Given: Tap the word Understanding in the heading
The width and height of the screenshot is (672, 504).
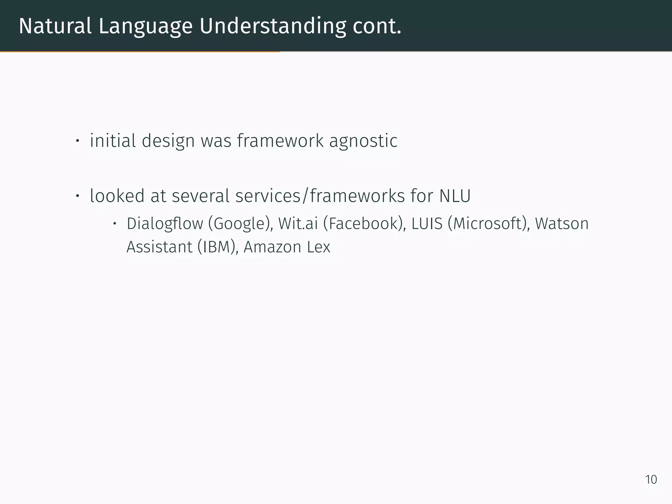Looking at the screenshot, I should coord(273,26).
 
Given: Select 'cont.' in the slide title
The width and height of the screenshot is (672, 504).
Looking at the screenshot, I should coord(377,26).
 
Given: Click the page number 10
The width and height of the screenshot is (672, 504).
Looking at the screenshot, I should coord(651,480).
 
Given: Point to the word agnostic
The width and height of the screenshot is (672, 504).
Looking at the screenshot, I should coord(363,141).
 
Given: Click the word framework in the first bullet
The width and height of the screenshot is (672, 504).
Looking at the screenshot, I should coord(280,141).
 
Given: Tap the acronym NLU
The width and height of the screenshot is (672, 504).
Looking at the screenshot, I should coord(455,196).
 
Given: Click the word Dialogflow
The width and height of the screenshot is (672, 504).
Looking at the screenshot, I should coord(165,224).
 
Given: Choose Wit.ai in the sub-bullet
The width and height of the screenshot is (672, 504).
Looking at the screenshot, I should coord(298,224).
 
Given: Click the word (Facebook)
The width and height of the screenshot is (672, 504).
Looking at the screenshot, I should coord(364,224).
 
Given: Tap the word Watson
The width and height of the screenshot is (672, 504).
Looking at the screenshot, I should coord(562,224).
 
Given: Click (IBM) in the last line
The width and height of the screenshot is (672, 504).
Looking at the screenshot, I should coord(218,247).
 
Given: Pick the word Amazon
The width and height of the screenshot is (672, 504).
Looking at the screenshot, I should coord(272,247).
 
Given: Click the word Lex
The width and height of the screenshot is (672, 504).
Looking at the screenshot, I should coord(319,247).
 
